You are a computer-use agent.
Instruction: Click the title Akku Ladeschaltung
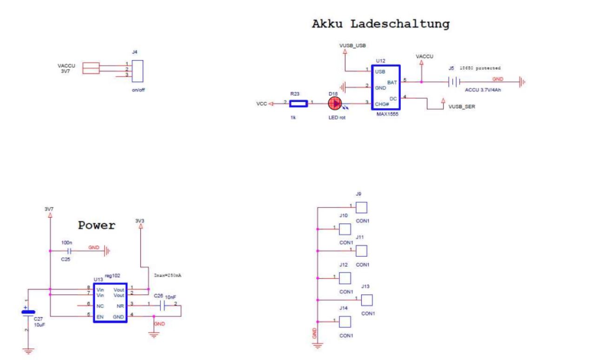(x=380, y=24)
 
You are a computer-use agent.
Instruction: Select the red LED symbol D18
(x=335, y=104)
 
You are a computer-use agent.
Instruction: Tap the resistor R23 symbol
(x=298, y=104)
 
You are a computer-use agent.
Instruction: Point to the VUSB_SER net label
(x=462, y=107)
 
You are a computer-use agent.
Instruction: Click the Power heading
(x=96, y=226)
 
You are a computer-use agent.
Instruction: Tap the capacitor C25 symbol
(x=68, y=251)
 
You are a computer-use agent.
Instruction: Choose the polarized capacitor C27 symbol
(x=28, y=312)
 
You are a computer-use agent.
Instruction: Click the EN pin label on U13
(x=100, y=316)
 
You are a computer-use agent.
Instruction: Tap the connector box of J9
(x=361, y=207)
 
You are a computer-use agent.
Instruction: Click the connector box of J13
(x=367, y=299)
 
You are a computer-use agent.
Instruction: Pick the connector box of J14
(x=345, y=321)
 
